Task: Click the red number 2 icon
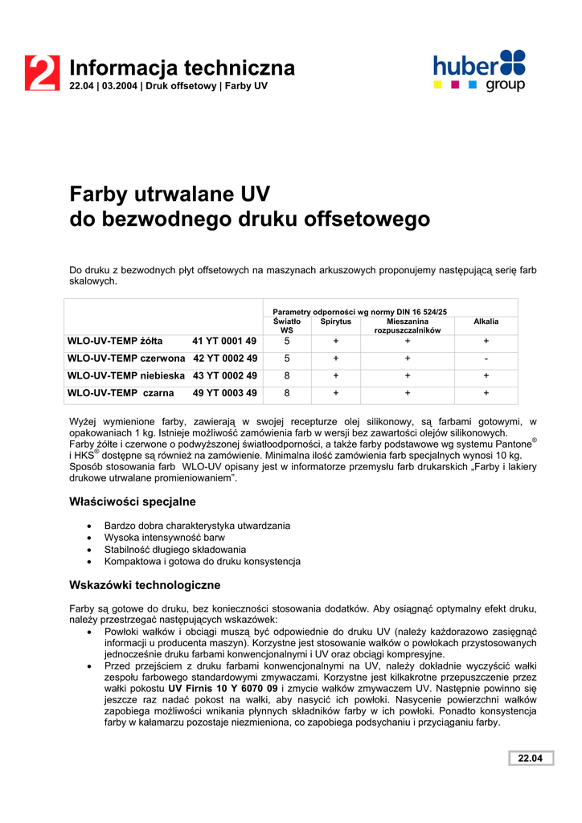42,72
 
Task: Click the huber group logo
479,71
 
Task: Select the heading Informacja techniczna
182,68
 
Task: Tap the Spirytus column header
335,321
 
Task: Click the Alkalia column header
486,321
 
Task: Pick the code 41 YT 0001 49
224,341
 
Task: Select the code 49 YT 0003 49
224,393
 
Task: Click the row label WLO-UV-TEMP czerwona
126,358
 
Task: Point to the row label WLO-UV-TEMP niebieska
125,375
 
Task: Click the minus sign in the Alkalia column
486,358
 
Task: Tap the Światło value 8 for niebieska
287,375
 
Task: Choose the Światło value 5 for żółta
287,341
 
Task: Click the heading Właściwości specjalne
133,502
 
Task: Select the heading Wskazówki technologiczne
145,585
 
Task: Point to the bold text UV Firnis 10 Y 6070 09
223,689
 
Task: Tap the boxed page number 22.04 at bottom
530,759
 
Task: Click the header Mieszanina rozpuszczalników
408,326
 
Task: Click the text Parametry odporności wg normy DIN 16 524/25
360,311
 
